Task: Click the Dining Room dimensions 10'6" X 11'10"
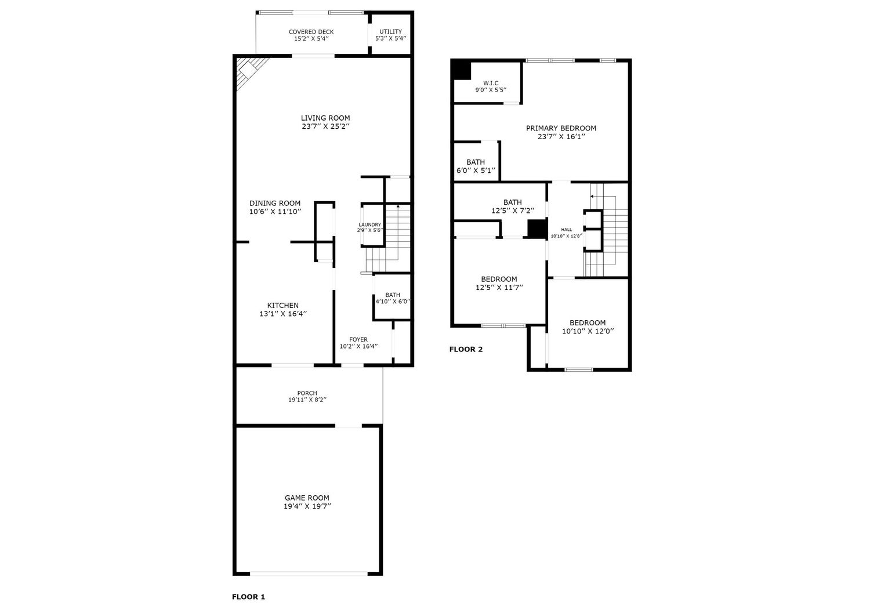coord(275,212)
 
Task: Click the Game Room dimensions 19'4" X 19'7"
coord(307,506)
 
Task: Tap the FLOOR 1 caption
coord(249,597)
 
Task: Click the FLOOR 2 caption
coord(466,349)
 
